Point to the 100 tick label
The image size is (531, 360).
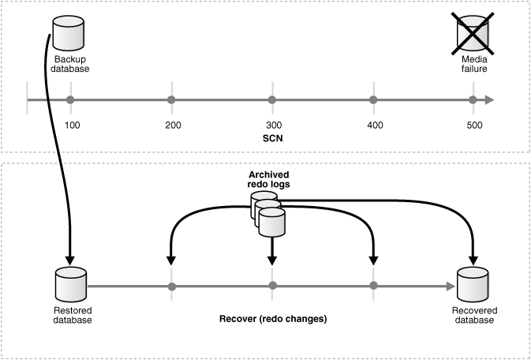[x=72, y=126]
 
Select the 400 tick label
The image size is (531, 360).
[x=375, y=126]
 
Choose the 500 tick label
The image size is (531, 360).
[x=474, y=126]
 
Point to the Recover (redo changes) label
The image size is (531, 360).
[x=272, y=320]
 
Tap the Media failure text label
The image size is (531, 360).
[x=474, y=64]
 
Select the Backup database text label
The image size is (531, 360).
[x=72, y=64]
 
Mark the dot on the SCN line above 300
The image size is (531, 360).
[x=272, y=100]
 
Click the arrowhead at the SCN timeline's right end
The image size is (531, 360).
[x=490, y=100]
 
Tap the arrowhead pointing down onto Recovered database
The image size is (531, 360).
[x=473, y=259]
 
